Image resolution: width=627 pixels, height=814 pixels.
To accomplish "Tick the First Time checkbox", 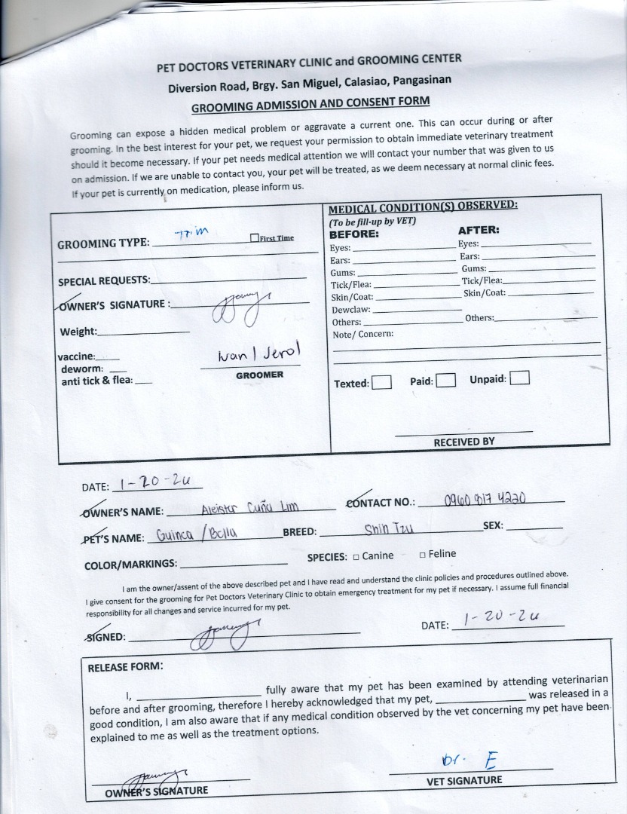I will click(x=254, y=238).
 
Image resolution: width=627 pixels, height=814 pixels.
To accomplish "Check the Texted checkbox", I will click(x=382, y=382).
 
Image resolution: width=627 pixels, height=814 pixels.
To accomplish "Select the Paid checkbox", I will click(x=446, y=381).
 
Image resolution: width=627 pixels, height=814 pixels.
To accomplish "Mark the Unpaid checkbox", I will click(x=520, y=378).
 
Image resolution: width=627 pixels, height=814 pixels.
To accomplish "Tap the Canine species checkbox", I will click(x=356, y=557).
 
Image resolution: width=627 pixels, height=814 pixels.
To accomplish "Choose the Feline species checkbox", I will click(x=422, y=555).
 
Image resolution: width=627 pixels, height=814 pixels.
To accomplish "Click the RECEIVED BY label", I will click(x=463, y=442).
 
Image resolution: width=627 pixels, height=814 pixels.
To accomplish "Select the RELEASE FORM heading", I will click(x=125, y=667).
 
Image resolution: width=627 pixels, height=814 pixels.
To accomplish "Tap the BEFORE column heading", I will click(x=354, y=234).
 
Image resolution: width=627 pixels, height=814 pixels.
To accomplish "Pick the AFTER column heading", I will click(x=479, y=230).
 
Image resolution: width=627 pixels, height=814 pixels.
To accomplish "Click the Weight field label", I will click(x=78, y=332).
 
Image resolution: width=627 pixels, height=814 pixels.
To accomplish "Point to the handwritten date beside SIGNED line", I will click(x=502, y=618).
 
